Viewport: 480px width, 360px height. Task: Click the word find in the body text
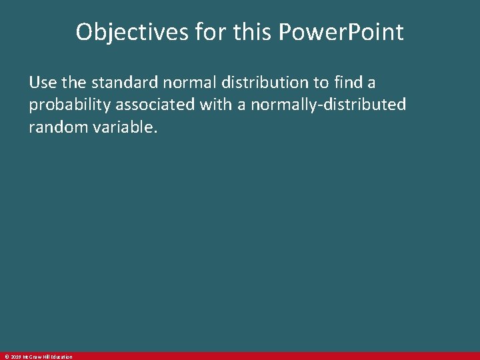pos(347,83)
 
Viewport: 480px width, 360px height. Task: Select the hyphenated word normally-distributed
pos(328,105)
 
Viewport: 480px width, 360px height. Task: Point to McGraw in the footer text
pos(31,357)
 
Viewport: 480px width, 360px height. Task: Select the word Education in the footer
pos(61,357)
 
